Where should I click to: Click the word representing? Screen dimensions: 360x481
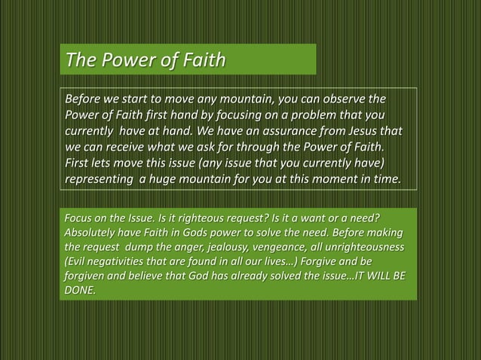[x=101, y=179]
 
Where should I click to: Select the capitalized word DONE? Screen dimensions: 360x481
[x=79, y=289]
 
